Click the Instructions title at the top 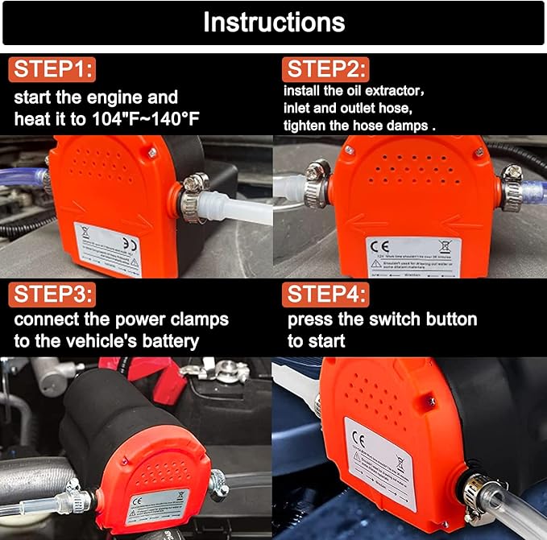273,22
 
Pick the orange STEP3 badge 52,293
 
